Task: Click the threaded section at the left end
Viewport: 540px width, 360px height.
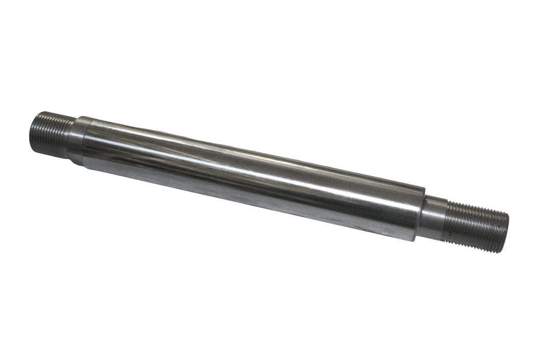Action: pyautogui.click(x=51, y=133)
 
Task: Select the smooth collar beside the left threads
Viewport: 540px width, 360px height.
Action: pyautogui.click(x=75, y=139)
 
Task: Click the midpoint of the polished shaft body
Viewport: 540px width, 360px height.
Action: pyautogui.click(x=252, y=179)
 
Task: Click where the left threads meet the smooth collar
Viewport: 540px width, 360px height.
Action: pyautogui.click(x=68, y=137)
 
